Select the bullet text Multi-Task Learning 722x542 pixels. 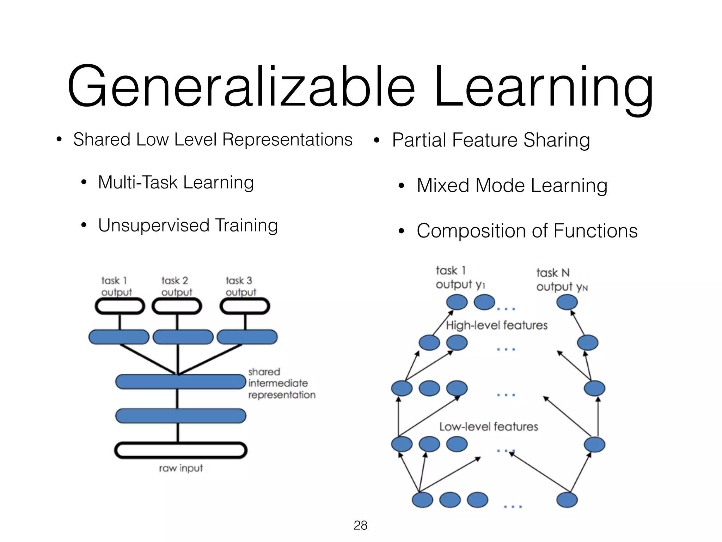[x=176, y=183]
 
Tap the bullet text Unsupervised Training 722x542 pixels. [x=188, y=225]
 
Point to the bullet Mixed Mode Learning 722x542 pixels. [x=512, y=186]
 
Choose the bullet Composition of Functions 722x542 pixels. [x=527, y=231]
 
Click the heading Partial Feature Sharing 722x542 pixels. [x=491, y=140]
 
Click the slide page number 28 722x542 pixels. [x=360, y=525]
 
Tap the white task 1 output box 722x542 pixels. [x=120, y=306]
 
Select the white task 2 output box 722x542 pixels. [x=177, y=306]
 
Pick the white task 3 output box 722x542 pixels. [x=245, y=306]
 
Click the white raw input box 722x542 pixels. [x=180, y=450]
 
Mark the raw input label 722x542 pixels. [x=181, y=469]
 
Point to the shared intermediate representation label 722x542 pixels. [x=281, y=383]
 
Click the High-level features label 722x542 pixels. [x=496, y=325]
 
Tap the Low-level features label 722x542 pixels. [x=489, y=427]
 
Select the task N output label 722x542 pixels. [x=562, y=280]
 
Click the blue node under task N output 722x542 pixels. [x=567, y=302]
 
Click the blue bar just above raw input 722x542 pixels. [x=180, y=416]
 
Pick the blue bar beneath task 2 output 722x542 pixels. [x=183, y=337]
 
